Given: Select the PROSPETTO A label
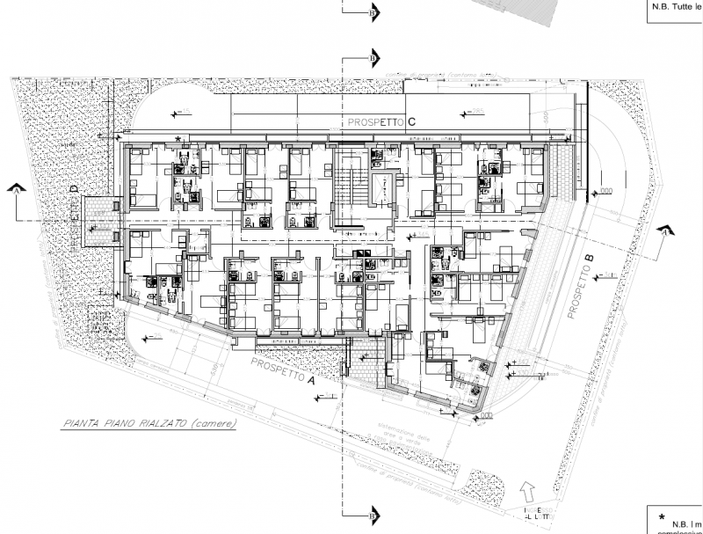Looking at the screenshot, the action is (x=281, y=371).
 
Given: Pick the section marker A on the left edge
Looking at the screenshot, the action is (x=16, y=188).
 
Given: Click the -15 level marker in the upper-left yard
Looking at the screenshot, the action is (x=185, y=112).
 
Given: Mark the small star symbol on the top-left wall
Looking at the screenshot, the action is (x=179, y=139).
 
